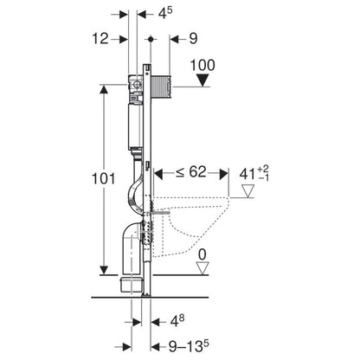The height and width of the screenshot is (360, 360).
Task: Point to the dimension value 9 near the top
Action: [x=193, y=39]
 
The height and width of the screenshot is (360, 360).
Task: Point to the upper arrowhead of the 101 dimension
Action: [x=105, y=87]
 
